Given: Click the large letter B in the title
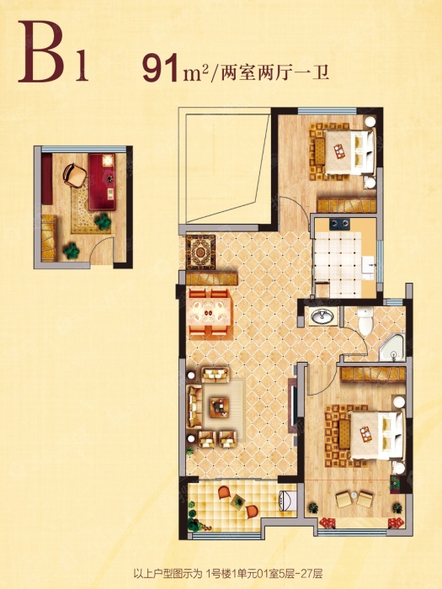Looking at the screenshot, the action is [42, 52].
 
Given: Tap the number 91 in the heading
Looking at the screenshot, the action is [160, 68].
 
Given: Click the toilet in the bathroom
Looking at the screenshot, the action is [365, 321].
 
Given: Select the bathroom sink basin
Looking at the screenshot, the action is [322, 316].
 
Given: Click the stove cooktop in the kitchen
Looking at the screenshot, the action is [339, 225].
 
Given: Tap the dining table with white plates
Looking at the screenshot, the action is [209, 311].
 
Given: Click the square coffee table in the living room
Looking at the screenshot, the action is [220, 407].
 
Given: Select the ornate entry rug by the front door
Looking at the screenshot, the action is [201, 252].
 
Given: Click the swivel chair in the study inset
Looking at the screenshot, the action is [75, 176].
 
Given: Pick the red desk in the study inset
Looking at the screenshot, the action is [102, 182].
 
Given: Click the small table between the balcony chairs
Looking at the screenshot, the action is [237, 501].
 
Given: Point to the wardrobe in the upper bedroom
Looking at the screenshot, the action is [346, 205].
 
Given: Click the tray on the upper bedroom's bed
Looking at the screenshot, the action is [339, 151].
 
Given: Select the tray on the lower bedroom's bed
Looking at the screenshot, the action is [365, 434].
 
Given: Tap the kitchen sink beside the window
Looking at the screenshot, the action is [369, 268].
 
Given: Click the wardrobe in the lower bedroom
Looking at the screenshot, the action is [373, 374].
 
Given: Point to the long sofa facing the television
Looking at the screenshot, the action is [194, 406].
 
